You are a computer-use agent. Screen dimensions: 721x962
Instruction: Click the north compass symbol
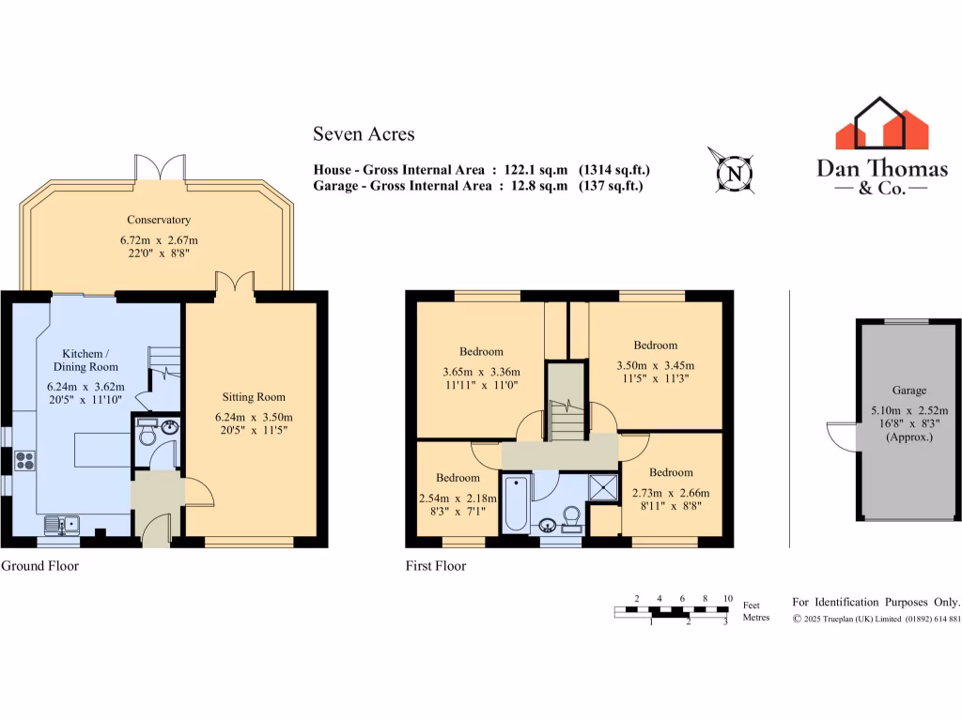coord(735,172)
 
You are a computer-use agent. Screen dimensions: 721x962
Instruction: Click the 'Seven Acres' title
coord(364,134)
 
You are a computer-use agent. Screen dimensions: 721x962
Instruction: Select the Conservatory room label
coord(159,220)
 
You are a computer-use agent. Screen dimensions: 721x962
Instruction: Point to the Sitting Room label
coord(254,397)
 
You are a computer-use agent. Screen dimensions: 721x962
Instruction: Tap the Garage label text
coord(908,390)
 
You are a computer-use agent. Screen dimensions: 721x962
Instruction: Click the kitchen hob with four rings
coord(25,460)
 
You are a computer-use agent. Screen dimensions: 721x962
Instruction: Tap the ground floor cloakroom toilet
coord(147,435)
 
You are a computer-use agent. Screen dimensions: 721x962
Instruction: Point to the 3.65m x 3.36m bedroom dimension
coord(481,372)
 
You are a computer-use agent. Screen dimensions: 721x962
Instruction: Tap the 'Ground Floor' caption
coord(39,566)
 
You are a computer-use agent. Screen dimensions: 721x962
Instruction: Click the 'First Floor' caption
coord(436,566)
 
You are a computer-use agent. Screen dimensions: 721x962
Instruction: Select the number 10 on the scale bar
coord(727,598)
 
